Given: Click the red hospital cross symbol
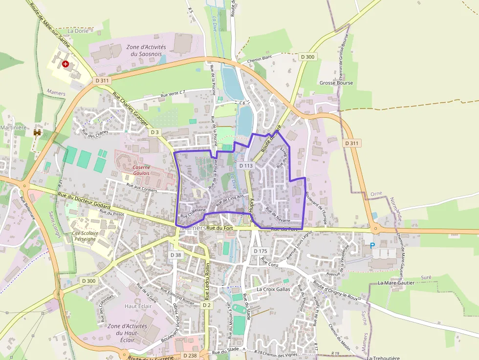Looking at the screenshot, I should (x=65, y=64).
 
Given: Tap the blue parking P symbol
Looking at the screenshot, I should (x=372, y=246).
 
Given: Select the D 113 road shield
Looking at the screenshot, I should (x=246, y=166).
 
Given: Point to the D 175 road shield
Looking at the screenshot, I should (x=261, y=251).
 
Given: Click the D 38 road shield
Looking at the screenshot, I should (x=176, y=255).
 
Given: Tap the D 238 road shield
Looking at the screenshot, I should (x=190, y=356).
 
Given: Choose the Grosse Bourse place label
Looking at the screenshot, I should (x=336, y=83).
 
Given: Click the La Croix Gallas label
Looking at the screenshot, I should (x=273, y=289).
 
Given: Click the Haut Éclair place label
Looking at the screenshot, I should (x=138, y=306).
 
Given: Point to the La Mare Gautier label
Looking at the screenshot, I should (x=396, y=283).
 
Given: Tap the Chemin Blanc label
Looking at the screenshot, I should (x=259, y=60).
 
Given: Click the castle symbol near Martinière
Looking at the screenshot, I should (x=37, y=132).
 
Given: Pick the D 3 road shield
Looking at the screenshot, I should (x=155, y=132).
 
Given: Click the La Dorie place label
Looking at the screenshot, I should (x=78, y=31).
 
